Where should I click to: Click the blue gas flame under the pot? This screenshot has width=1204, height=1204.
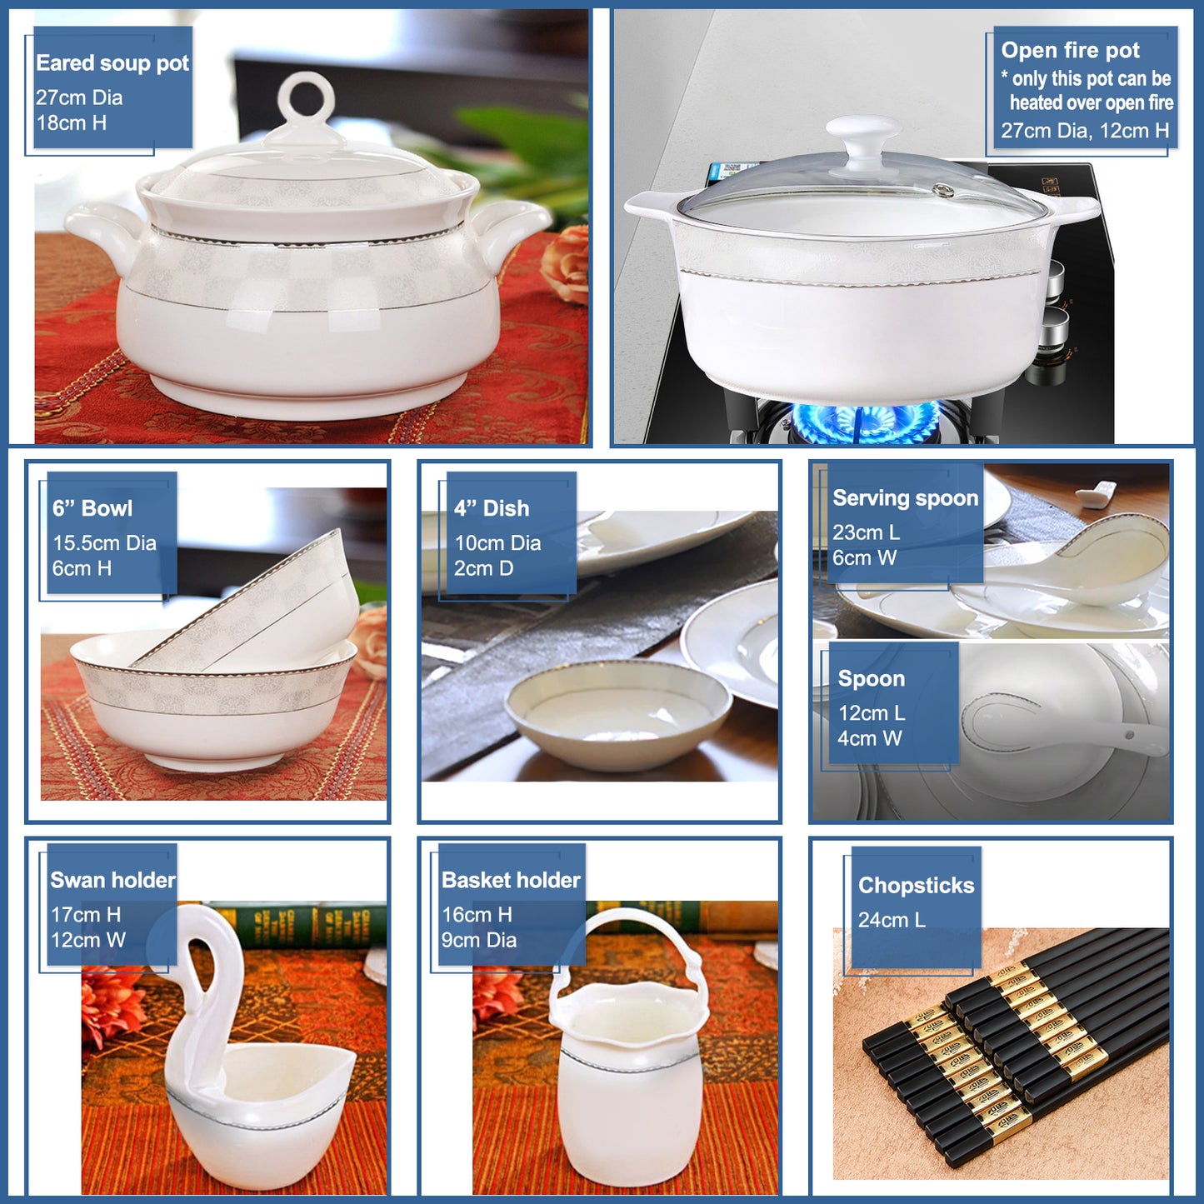(x=866, y=421)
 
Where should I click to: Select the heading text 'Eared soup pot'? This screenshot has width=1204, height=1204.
(x=112, y=63)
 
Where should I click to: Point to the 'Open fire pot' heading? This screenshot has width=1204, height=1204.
(x=1071, y=50)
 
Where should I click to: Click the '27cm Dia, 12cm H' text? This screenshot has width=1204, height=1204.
(x=1086, y=131)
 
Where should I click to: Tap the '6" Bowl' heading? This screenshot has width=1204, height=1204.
(x=92, y=508)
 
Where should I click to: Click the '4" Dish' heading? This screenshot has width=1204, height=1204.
(x=492, y=508)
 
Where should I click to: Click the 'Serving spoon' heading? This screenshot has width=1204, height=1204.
(x=906, y=498)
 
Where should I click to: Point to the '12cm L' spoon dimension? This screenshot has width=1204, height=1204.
(x=871, y=712)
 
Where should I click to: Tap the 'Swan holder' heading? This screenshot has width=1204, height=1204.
(x=112, y=881)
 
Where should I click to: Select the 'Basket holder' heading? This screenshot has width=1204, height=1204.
(x=511, y=881)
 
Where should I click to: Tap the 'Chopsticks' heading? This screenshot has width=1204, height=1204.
(x=916, y=886)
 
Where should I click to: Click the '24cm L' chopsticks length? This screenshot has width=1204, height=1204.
(x=892, y=920)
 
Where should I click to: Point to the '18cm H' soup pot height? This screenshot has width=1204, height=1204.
(x=71, y=123)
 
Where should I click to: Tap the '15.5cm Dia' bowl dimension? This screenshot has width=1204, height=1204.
(x=104, y=543)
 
